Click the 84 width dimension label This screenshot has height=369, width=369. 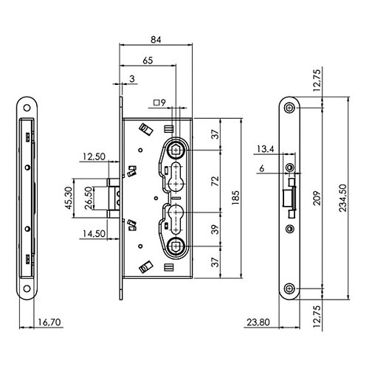click(x=156, y=40)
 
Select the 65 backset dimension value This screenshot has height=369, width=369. click(x=148, y=61)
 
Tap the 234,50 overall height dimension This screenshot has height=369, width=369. click(x=342, y=198)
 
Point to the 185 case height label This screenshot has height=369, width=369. click(x=235, y=198)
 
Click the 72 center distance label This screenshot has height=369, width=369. click(x=215, y=181)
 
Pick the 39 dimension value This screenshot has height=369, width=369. click(x=215, y=230)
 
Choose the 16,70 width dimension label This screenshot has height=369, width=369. click(x=49, y=322)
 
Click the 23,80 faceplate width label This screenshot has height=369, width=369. click(x=258, y=322)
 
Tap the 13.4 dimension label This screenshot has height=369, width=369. click(x=266, y=149)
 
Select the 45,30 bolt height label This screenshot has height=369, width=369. click(x=69, y=198)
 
